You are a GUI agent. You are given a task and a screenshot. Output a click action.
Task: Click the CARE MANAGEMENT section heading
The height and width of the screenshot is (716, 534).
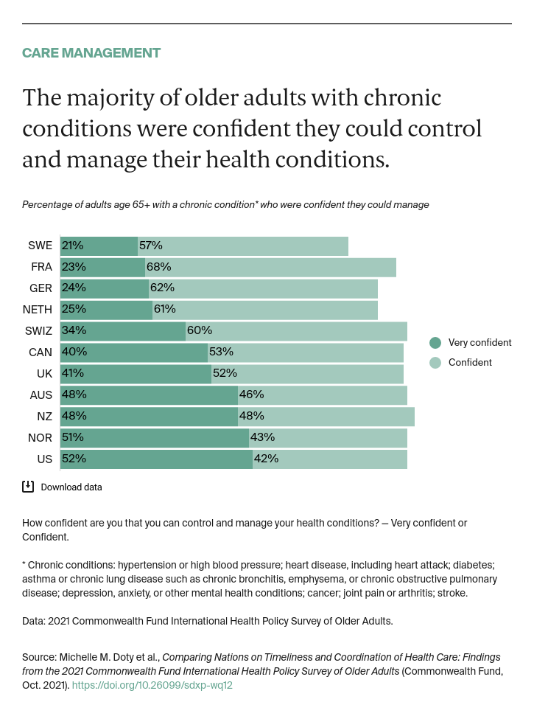[x=91, y=53]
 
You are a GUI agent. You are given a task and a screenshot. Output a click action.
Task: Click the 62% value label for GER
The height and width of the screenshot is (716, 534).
[x=161, y=288]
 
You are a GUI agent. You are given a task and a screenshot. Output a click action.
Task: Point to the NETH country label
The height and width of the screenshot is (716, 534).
[x=38, y=310]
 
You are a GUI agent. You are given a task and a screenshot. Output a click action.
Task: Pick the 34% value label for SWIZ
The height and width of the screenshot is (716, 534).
[x=74, y=330]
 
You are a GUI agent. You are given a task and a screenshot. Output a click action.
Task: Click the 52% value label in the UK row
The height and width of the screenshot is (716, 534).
[x=225, y=373]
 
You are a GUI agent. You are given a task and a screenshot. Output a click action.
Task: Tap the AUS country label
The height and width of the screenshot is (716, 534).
[x=41, y=395]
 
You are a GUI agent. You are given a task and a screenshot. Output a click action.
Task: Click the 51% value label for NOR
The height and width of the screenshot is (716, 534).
[x=73, y=437]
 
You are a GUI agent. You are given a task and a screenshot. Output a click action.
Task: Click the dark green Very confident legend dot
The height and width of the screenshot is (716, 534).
[x=435, y=342]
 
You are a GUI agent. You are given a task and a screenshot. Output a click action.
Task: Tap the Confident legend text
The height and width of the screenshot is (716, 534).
[x=470, y=362]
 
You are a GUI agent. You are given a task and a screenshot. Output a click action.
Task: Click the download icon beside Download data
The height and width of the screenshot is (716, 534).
[x=28, y=487]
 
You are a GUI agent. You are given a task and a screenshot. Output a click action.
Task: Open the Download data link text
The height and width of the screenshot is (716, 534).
[x=71, y=487]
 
